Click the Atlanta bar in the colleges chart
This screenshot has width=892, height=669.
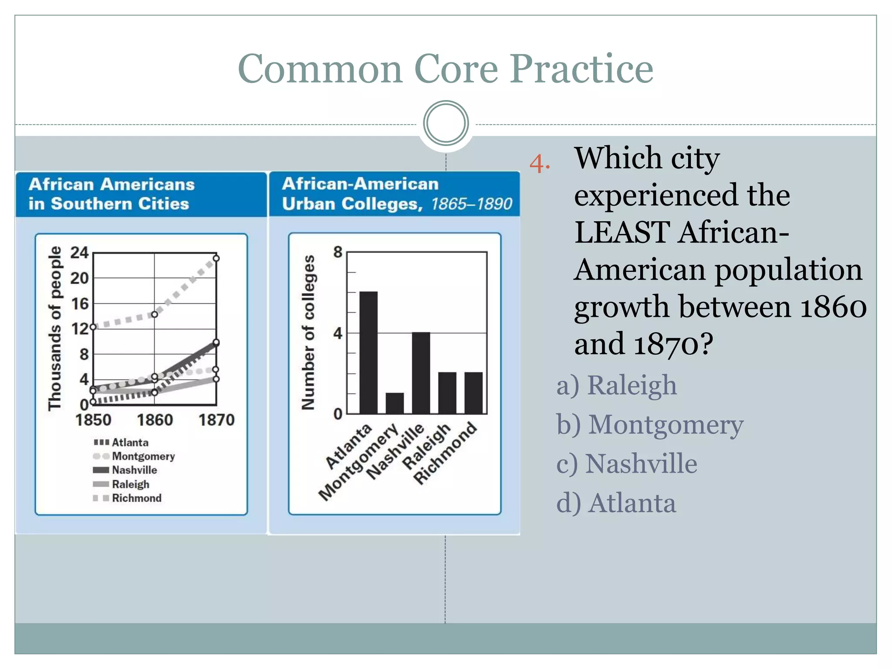(368, 353)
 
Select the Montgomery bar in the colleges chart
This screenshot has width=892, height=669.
(395, 403)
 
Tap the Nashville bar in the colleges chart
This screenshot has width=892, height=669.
(421, 373)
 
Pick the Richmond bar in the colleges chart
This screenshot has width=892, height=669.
(473, 393)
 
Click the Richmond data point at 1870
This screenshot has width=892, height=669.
(216, 258)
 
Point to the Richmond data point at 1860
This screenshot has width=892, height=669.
(154, 314)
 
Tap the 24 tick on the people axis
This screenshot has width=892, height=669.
(80, 253)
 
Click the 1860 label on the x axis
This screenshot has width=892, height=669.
(155, 420)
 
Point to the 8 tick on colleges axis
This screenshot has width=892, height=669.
(338, 252)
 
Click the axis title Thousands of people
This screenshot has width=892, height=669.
(55, 328)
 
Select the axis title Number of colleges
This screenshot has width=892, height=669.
(308, 332)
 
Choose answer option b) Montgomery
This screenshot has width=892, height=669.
(650, 424)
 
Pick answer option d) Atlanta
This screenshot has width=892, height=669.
(616, 503)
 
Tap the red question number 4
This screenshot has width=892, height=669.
(539, 164)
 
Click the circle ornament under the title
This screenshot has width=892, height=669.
(446, 123)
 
